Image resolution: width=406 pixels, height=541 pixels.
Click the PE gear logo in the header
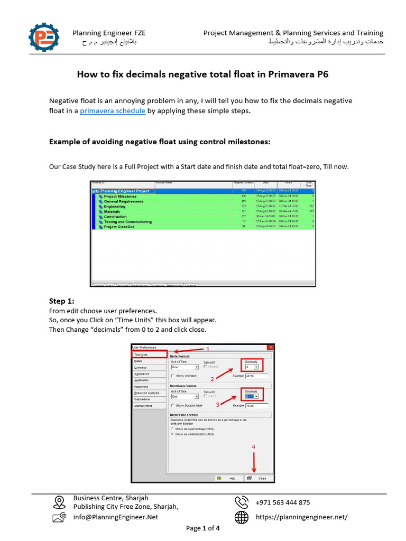pos(44,38)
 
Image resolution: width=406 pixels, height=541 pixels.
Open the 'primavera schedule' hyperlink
pos(113,111)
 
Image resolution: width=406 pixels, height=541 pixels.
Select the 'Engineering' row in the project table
pos(115,207)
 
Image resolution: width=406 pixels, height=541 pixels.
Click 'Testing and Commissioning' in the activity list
pos(127,222)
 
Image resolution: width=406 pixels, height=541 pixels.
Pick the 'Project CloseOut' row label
pos(119,227)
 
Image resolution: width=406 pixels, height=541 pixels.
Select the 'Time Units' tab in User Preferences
pos(149,355)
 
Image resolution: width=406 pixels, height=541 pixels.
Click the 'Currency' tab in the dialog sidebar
pos(140,367)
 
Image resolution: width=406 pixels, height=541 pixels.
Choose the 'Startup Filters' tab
pos(143,405)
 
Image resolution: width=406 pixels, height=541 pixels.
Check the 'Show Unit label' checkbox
pos(172,376)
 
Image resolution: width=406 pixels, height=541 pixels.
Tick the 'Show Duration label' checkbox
pos(172,405)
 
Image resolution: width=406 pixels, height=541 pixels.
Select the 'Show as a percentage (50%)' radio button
pos(172,429)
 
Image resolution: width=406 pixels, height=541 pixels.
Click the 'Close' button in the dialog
pos(259,478)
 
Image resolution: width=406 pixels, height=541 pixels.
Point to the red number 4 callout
pos(254,446)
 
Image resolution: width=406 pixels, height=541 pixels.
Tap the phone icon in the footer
pos(242,502)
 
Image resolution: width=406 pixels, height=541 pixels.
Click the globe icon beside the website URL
pos(242,517)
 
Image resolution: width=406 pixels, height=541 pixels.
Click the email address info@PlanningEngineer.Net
pos(115,517)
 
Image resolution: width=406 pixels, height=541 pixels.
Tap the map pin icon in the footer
pos(59,502)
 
